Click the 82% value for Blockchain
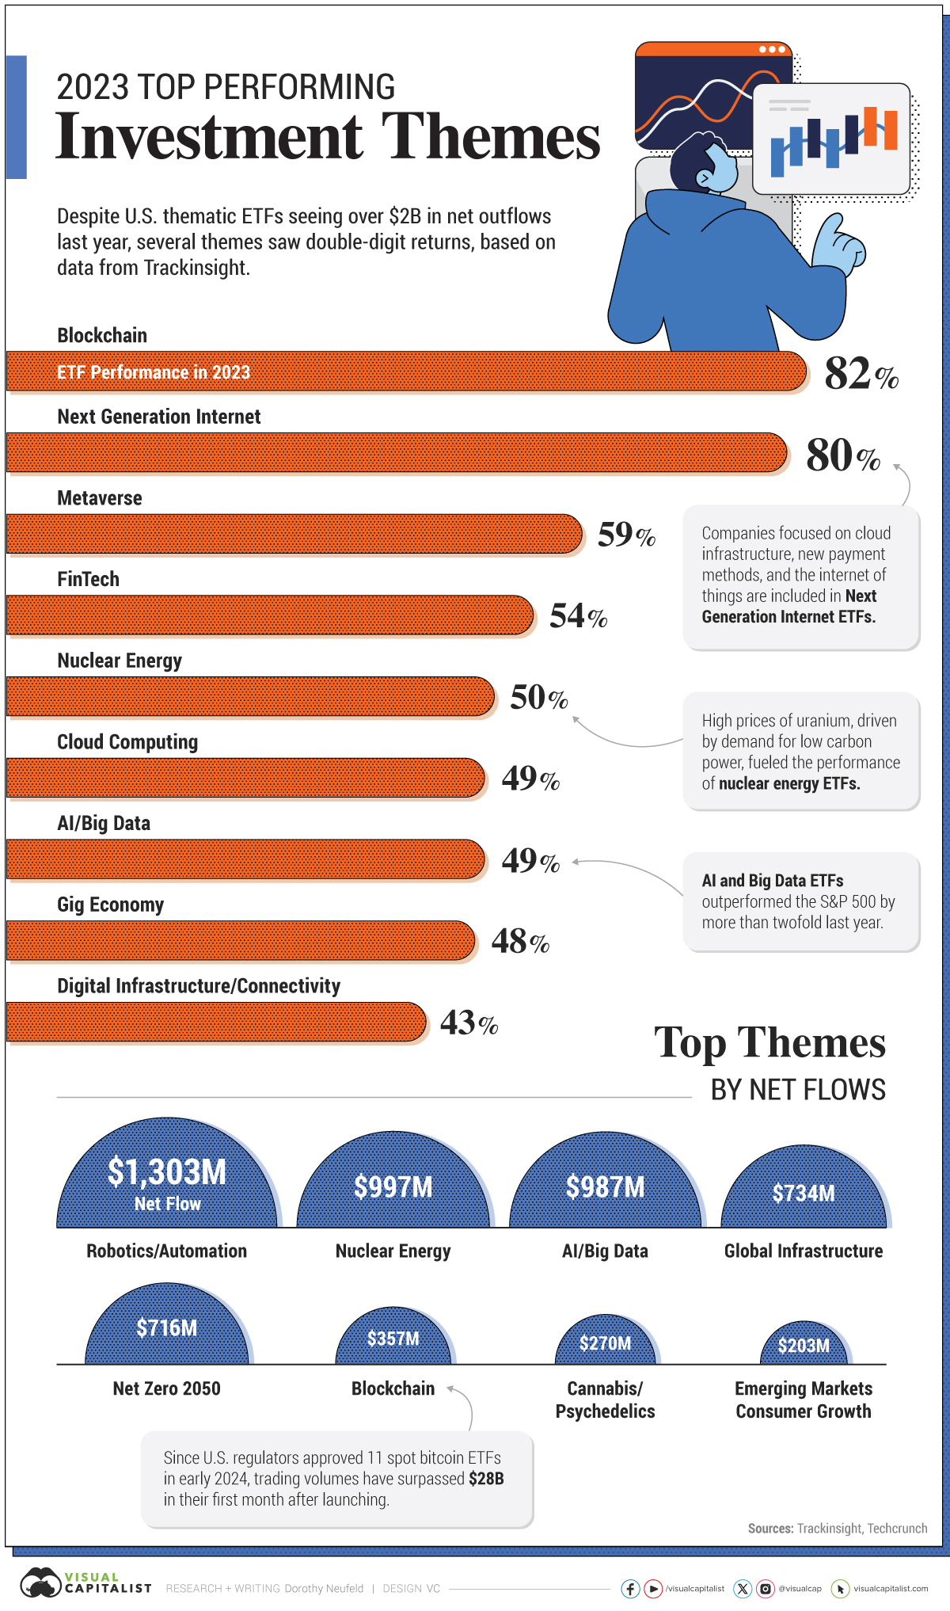861,374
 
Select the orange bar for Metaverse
293,534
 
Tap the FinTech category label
88,579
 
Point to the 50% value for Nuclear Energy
538,698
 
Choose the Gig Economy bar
237,941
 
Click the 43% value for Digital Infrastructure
469,1023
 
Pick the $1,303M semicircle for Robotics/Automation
167,1180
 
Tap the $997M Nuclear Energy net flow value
393,1187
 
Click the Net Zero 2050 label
166,1388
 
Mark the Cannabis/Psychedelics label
605,1400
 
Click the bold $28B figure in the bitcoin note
486,1479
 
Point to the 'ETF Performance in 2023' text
154,372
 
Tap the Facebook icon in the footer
630,1588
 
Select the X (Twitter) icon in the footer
743,1588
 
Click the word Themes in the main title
491,136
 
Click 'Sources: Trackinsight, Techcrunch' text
837,1529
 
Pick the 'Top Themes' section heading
769,1042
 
